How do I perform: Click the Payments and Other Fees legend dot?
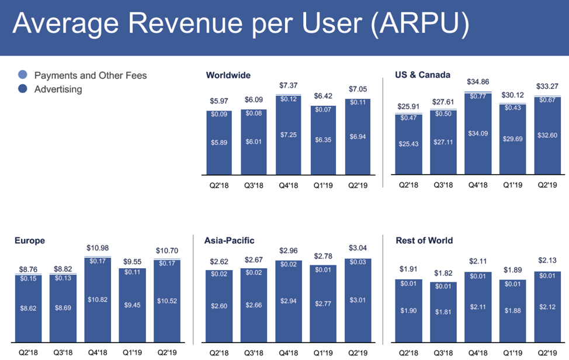click(x=22, y=75)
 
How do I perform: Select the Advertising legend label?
click(x=58, y=89)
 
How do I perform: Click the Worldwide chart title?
click(x=228, y=75)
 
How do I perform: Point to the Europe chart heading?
click(x=29, y=240)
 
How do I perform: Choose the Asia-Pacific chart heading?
click(x=229, y=240)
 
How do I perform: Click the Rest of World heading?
click(x=424, y=240)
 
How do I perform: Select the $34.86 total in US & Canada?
click(x=478, y=82)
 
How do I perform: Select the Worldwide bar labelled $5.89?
click(x=219, y=142)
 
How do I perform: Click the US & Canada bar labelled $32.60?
click(x=547, y=136)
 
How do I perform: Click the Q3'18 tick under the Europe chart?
click(x=62, y=352)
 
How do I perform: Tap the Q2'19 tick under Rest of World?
click(x=547, y=352)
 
